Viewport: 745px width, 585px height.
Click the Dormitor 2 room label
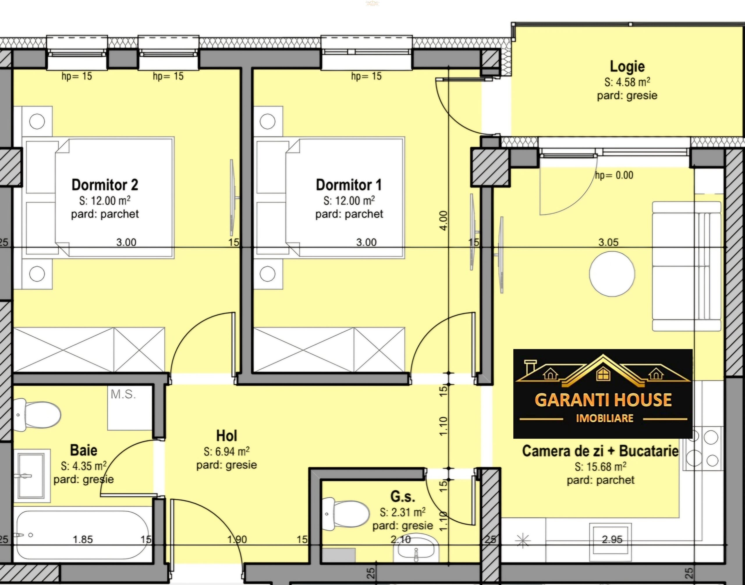(x=105, y=185)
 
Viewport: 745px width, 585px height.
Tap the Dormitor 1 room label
(x=349, y=185)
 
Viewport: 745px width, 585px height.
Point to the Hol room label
(x=226, y=436)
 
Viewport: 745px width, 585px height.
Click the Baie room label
(x=84, y=450)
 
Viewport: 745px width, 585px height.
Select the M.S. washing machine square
(x=130, y=408)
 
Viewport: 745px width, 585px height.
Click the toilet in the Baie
(x=37, y=415)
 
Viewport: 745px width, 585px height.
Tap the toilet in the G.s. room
(x=346, y=513)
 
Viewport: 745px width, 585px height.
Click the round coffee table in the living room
(x=612, y=274)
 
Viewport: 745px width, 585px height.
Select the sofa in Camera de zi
(x=687, y=266)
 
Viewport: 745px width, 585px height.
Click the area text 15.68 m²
(x=601, y=466)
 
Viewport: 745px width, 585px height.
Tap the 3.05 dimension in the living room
(x=609, y=243)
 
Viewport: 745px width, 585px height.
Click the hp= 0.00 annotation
(x=614, y=175)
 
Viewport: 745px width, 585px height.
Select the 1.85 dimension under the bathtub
(x=83, y=540)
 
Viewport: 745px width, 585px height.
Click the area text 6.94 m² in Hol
(x=226, y=451)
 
